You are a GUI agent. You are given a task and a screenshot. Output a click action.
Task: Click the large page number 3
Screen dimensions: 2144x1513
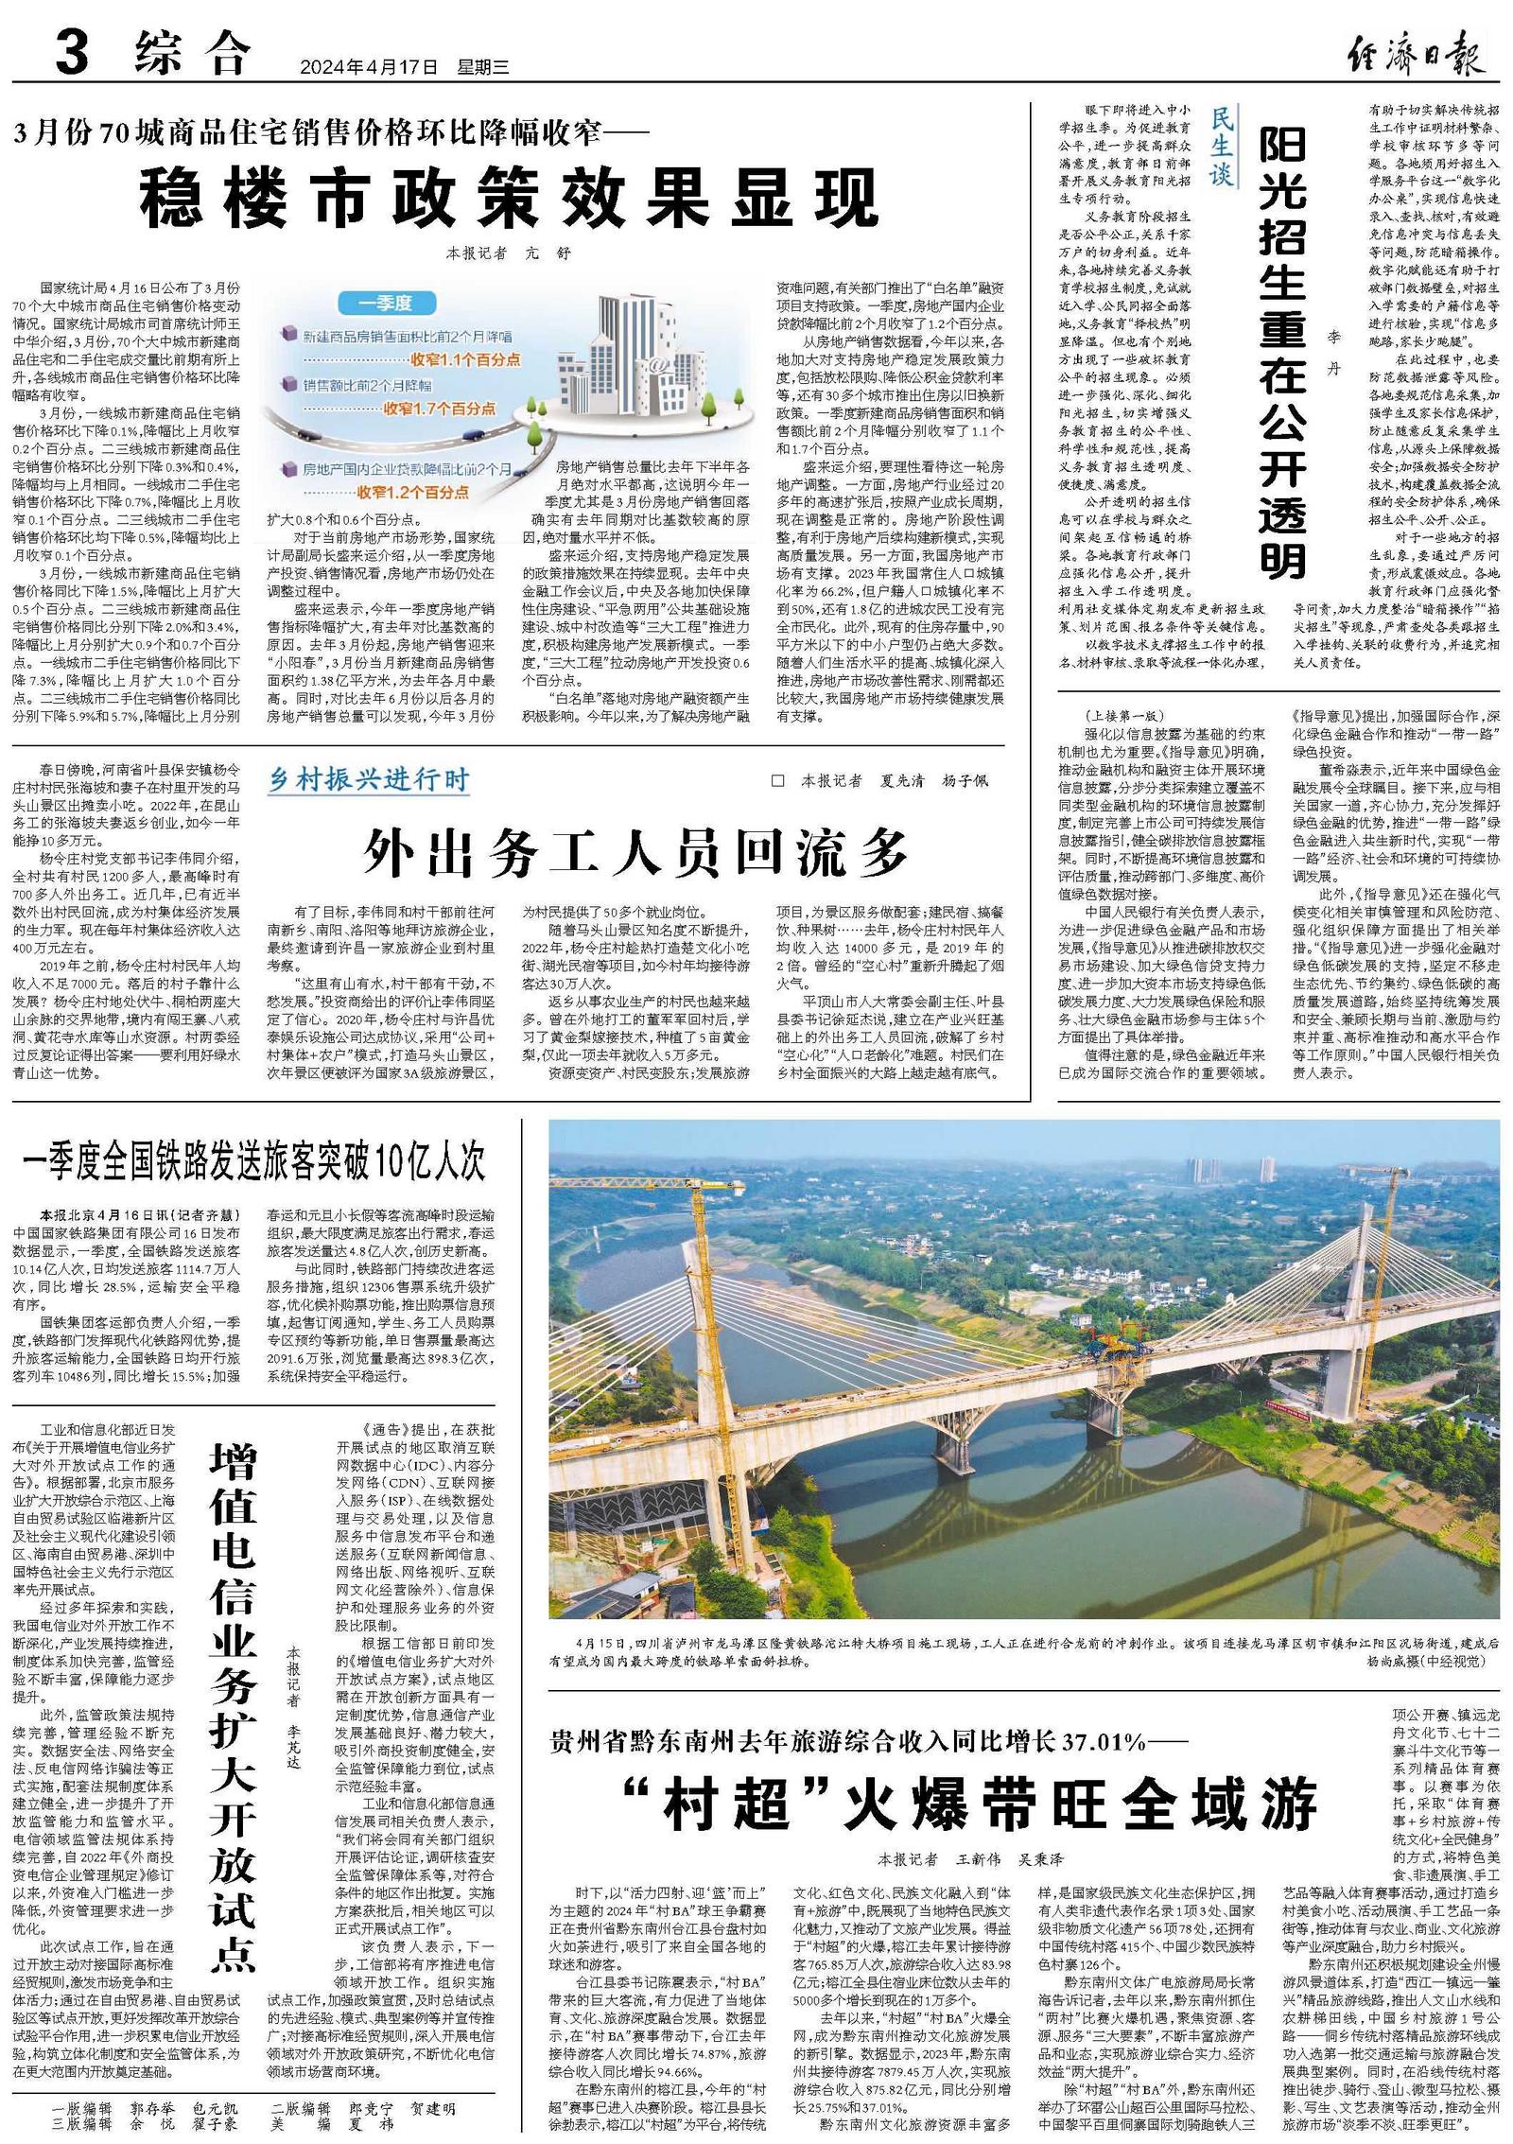pos(72,52)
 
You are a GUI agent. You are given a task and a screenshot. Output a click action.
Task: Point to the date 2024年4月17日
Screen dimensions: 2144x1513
pos(370,67)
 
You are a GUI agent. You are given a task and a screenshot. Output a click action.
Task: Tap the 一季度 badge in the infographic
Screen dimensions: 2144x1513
pos(385,304)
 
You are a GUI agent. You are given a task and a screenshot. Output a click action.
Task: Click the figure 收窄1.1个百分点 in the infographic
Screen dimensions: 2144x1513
pos(465,359)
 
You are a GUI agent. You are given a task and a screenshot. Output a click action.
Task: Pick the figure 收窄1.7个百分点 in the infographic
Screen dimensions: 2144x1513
pos(440,409)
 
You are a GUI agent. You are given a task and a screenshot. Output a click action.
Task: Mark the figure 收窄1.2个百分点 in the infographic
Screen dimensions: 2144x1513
pos(412,492)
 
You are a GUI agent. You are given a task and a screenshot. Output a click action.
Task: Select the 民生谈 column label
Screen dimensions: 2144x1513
pos(1223,146)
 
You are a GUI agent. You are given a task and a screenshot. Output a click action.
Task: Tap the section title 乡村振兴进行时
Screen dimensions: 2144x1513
pos(369,779)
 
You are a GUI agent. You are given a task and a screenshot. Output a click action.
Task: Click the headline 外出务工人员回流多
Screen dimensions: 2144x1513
pos(635,852)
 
